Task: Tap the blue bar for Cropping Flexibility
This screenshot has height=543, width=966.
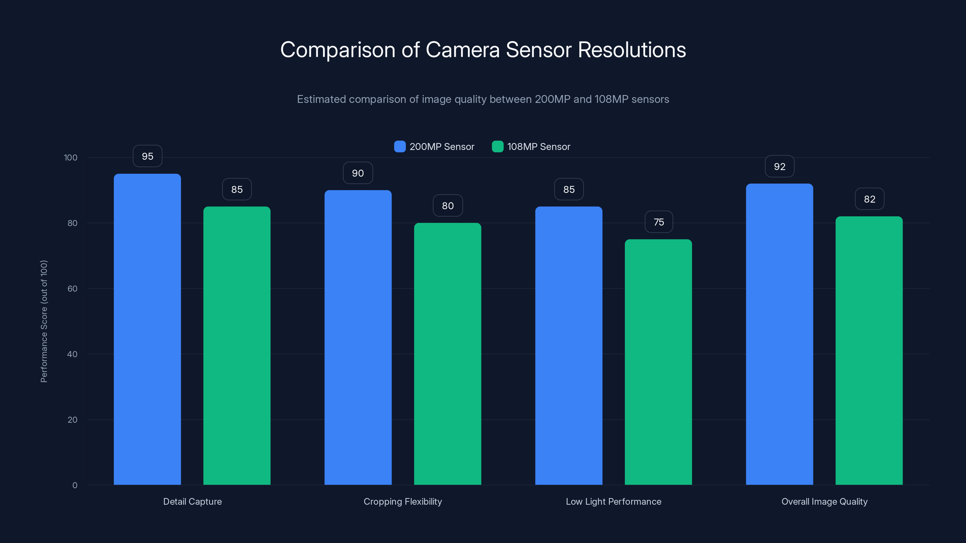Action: click(x=358, y=337)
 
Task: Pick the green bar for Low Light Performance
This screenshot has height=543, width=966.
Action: click(x=658, y=362)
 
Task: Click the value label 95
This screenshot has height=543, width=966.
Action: click(x=147, y=156)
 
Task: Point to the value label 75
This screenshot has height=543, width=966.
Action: click(x=659, y=222)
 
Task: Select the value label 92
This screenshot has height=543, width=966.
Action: click(x=780, y=167)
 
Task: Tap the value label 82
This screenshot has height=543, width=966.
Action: click(x=870, y=199)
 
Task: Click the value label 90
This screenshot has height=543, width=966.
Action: click(x=358, y=173)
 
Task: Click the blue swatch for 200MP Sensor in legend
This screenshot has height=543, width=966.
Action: click(x=400, y=147)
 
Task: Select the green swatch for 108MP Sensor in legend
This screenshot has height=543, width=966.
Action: click(x=497, y=147)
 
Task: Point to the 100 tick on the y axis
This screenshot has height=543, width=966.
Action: click(x=71, y=158)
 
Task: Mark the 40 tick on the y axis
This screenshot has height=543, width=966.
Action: click(x=72, y=354)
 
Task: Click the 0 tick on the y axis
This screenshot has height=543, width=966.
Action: click(x=75, y=485)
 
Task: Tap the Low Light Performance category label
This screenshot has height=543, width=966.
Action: click(x=613, y=501)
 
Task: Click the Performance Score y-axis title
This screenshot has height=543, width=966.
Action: click(x=44, y=321)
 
